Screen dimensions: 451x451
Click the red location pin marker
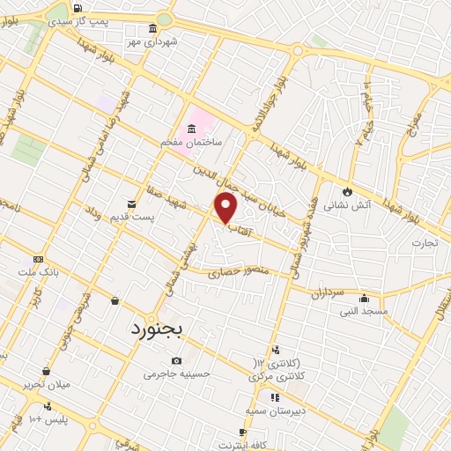[226, 208]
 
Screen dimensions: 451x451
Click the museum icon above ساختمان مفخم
[192, 129]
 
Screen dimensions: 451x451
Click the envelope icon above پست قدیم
[132, 203]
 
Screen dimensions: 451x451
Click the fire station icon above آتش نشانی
[347, 191]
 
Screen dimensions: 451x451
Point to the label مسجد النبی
[363, 310]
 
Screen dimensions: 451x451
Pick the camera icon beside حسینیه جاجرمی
[177, 361]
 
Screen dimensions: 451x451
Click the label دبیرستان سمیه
[275, 410]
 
